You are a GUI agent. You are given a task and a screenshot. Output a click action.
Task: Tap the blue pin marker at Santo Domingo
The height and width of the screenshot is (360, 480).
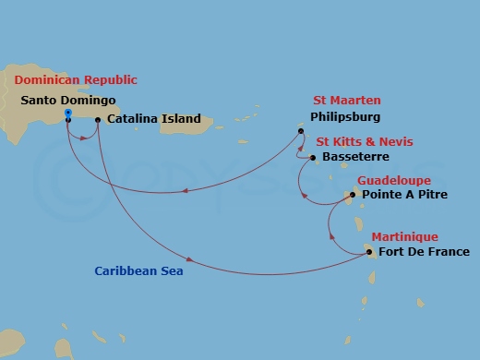[68, 115]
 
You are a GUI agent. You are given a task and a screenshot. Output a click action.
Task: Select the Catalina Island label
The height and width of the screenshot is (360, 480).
[150, 119]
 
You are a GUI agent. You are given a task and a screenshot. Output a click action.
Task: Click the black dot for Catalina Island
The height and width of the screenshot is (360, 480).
[98, 119]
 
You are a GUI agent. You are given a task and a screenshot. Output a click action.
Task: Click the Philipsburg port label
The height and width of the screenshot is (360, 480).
[344, 117]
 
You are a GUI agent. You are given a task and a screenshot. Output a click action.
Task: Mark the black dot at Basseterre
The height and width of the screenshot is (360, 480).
[313, 158]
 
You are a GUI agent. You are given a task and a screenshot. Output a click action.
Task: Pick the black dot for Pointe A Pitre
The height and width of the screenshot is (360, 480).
[352, 196]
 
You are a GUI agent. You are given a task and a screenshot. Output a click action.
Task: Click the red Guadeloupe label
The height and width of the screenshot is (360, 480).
[394, 180]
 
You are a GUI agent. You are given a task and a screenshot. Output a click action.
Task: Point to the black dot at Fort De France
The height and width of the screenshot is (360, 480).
[368, 252]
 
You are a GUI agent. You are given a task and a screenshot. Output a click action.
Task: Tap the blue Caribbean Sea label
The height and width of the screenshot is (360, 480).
[139, 271]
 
